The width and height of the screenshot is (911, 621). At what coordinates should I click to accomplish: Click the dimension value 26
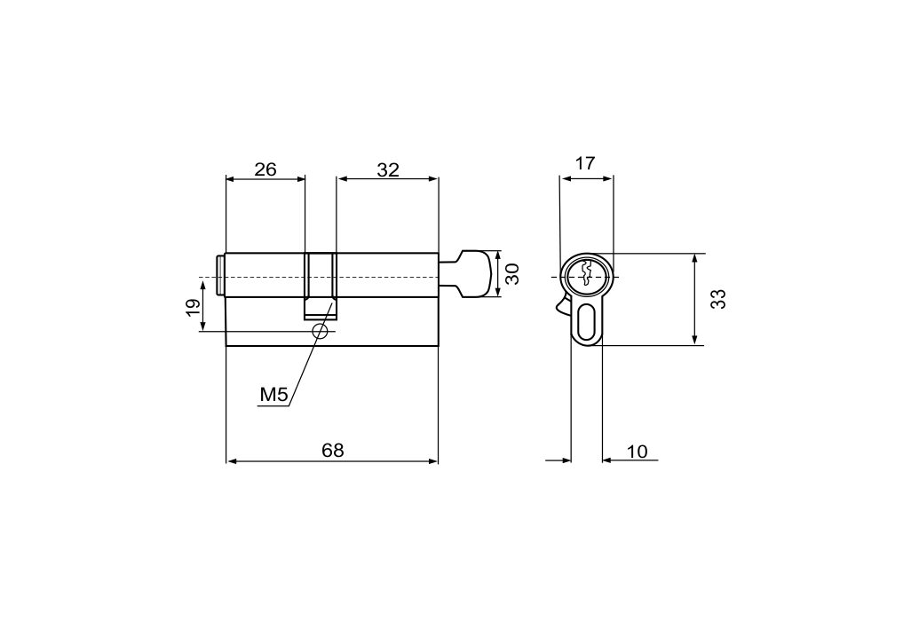tap(265, 169)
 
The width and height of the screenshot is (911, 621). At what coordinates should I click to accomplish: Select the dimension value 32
tap(388, 170)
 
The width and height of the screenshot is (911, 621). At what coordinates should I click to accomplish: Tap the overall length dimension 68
tap(333, 451)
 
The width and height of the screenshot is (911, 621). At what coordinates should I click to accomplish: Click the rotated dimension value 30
tap(511, 274)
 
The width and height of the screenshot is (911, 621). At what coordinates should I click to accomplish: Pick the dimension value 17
tap(585, 163)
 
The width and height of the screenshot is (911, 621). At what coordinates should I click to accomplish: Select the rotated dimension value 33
tap(718, 299)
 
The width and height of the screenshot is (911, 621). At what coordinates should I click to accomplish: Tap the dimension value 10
tap(638, 452)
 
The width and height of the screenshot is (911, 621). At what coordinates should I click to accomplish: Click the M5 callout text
tap(273, 396)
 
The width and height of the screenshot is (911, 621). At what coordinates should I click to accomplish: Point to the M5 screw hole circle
tap(320, 332)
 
